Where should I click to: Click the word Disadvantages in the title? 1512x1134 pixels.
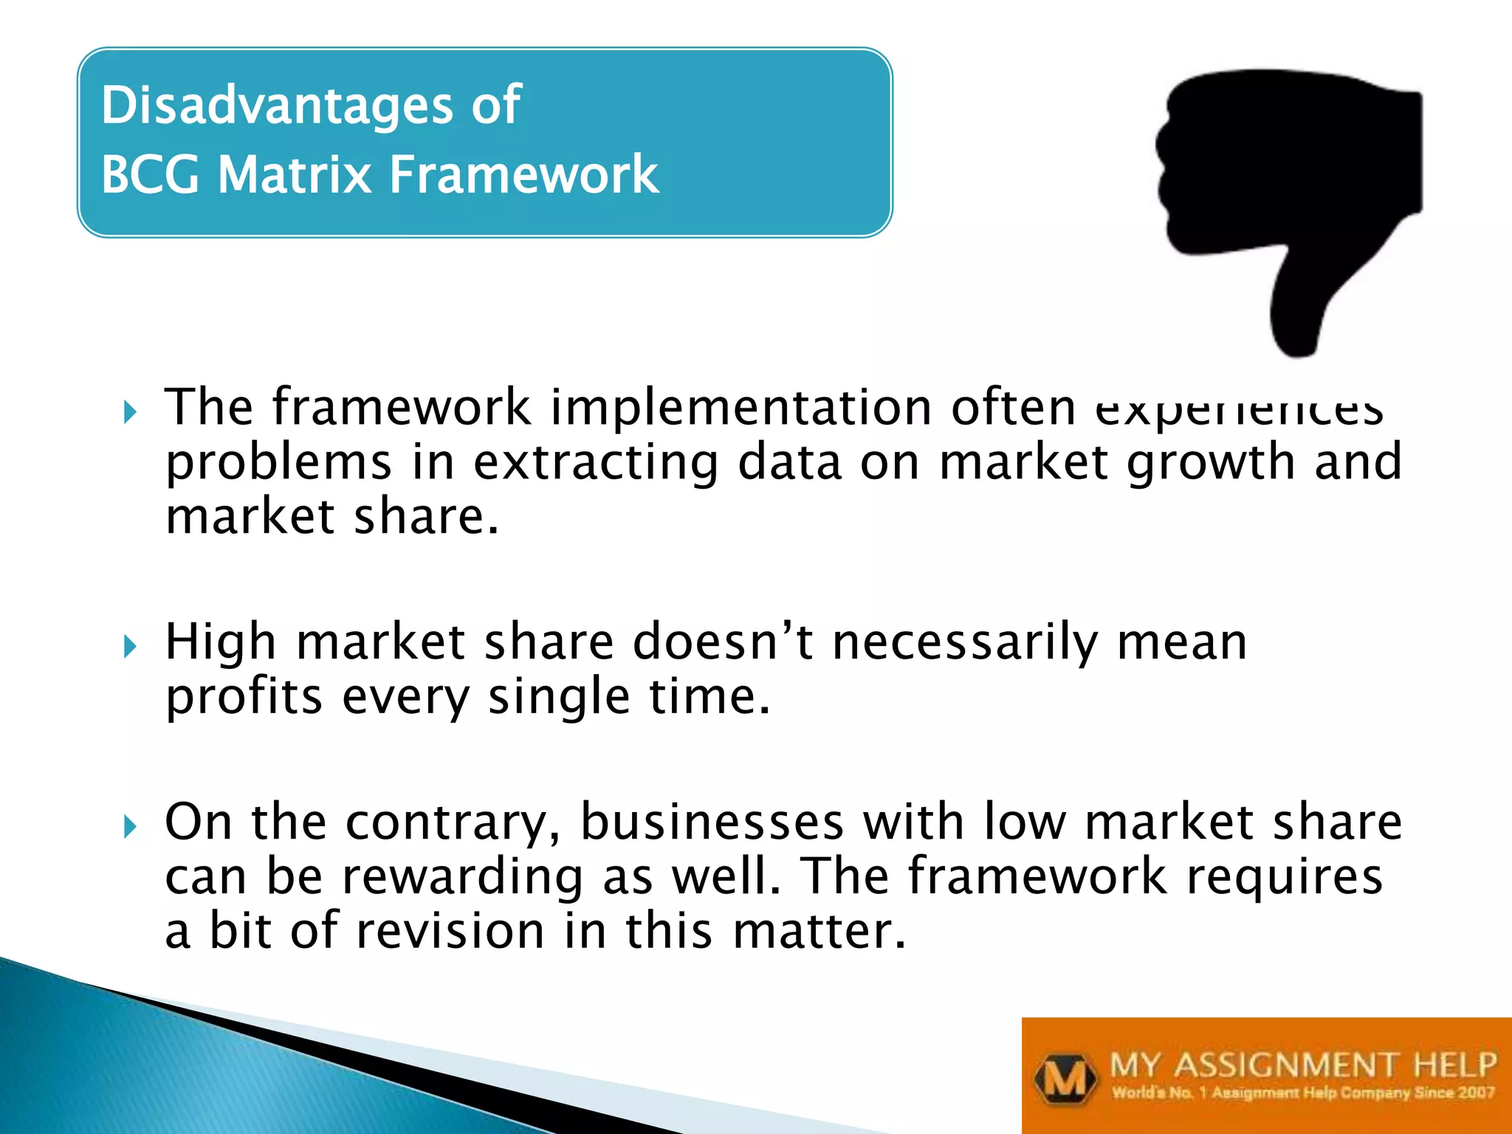click(277, 105)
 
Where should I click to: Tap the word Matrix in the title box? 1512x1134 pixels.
click(295, 175)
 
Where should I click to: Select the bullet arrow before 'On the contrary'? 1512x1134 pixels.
click(131, 826)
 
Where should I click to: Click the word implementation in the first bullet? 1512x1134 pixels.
click(741, 408)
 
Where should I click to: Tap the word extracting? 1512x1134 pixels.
click(596, 462)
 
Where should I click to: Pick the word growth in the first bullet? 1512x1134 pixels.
click(1211, 462)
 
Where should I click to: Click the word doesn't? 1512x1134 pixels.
click(723, 641)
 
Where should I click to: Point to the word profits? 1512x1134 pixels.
click(244, 696)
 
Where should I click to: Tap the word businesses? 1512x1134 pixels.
click(712, 822)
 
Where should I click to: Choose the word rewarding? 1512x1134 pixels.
click(462, 877)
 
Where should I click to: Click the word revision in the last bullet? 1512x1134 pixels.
click(451, 930)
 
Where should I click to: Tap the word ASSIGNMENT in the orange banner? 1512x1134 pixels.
click(1285, 1065)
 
